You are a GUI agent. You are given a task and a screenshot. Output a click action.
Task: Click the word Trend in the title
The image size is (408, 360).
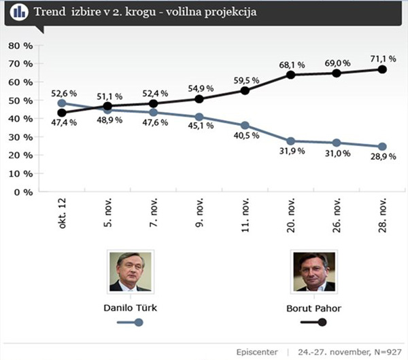click(58, 12)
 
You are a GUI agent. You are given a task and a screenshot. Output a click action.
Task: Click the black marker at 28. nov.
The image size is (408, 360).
click(382, 69)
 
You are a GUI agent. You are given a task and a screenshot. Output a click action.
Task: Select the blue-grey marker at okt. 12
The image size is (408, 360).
click(62, 103)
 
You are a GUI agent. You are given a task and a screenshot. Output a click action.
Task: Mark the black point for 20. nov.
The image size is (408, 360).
click(291, 75)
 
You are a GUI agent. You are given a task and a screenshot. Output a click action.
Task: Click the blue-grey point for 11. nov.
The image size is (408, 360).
click(244, 126)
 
